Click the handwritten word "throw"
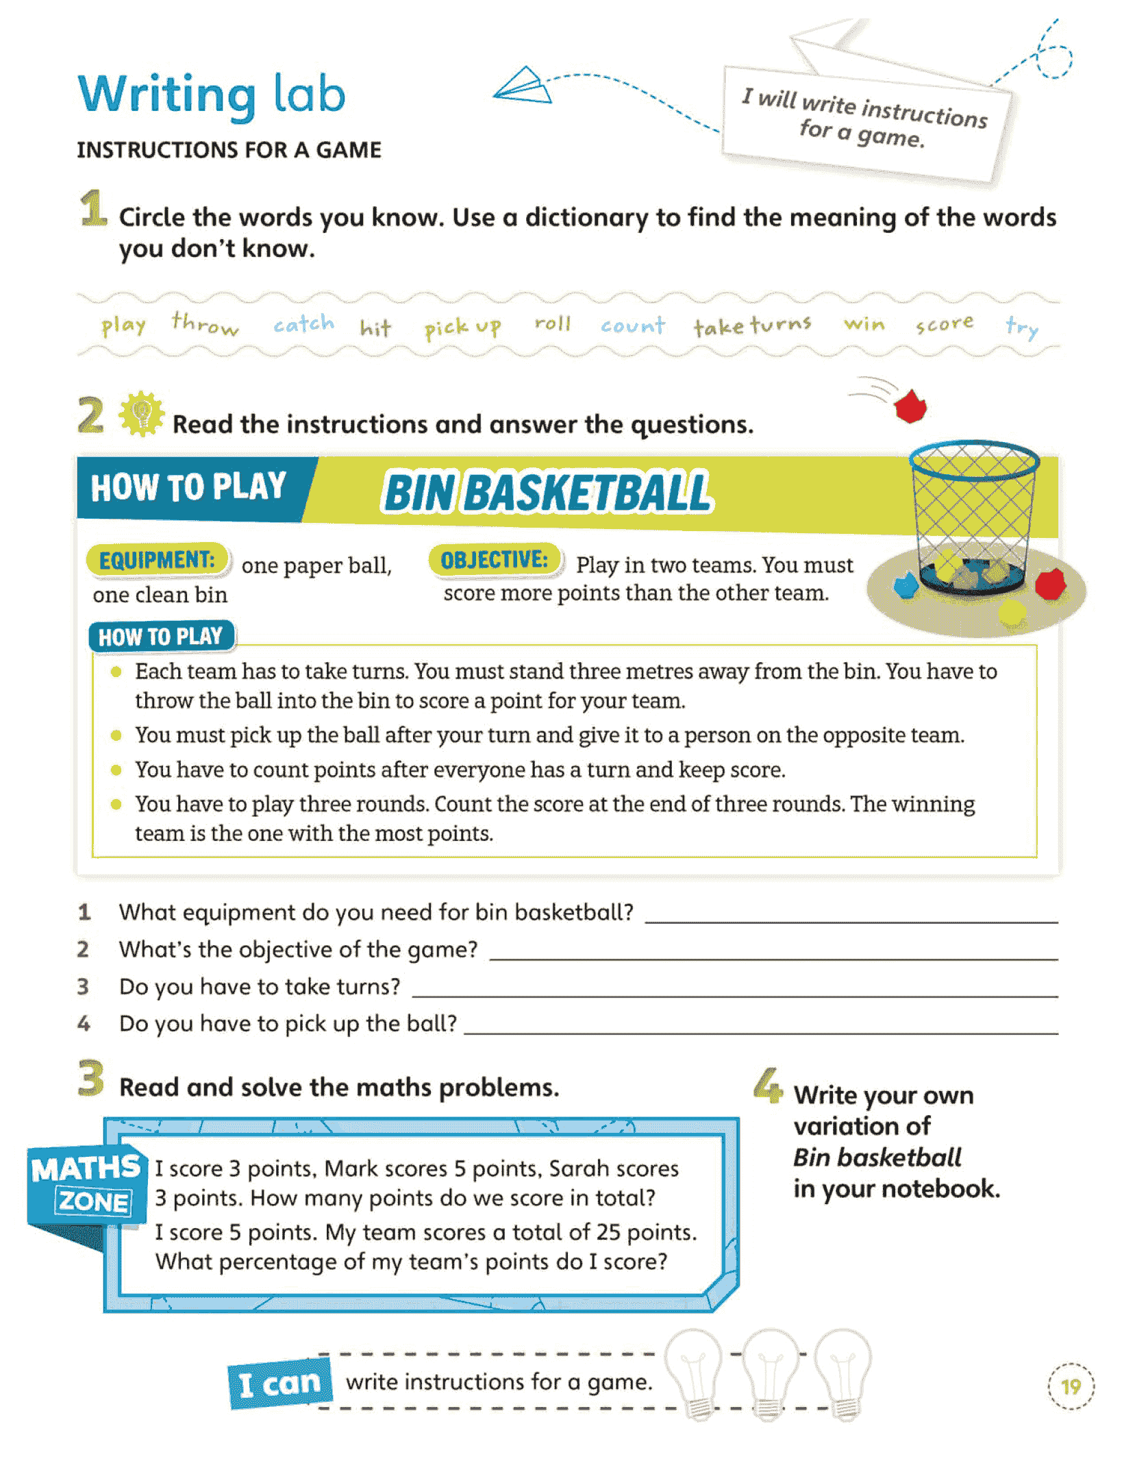coord(205,323)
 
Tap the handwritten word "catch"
coord(303,323)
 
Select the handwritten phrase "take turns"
coord(752,326)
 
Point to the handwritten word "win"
coord(864,323)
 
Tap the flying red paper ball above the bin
coord(910,406)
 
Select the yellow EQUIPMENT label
coord(158,560)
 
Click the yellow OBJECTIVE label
coord(495,560)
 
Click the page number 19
coord(1071,1386)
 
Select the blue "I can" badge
coord(280,1384)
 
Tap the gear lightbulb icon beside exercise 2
coord(142,414)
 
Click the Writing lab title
coord(212,95)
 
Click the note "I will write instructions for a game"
coord(865,120)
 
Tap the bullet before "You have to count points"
coord(116,770)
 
